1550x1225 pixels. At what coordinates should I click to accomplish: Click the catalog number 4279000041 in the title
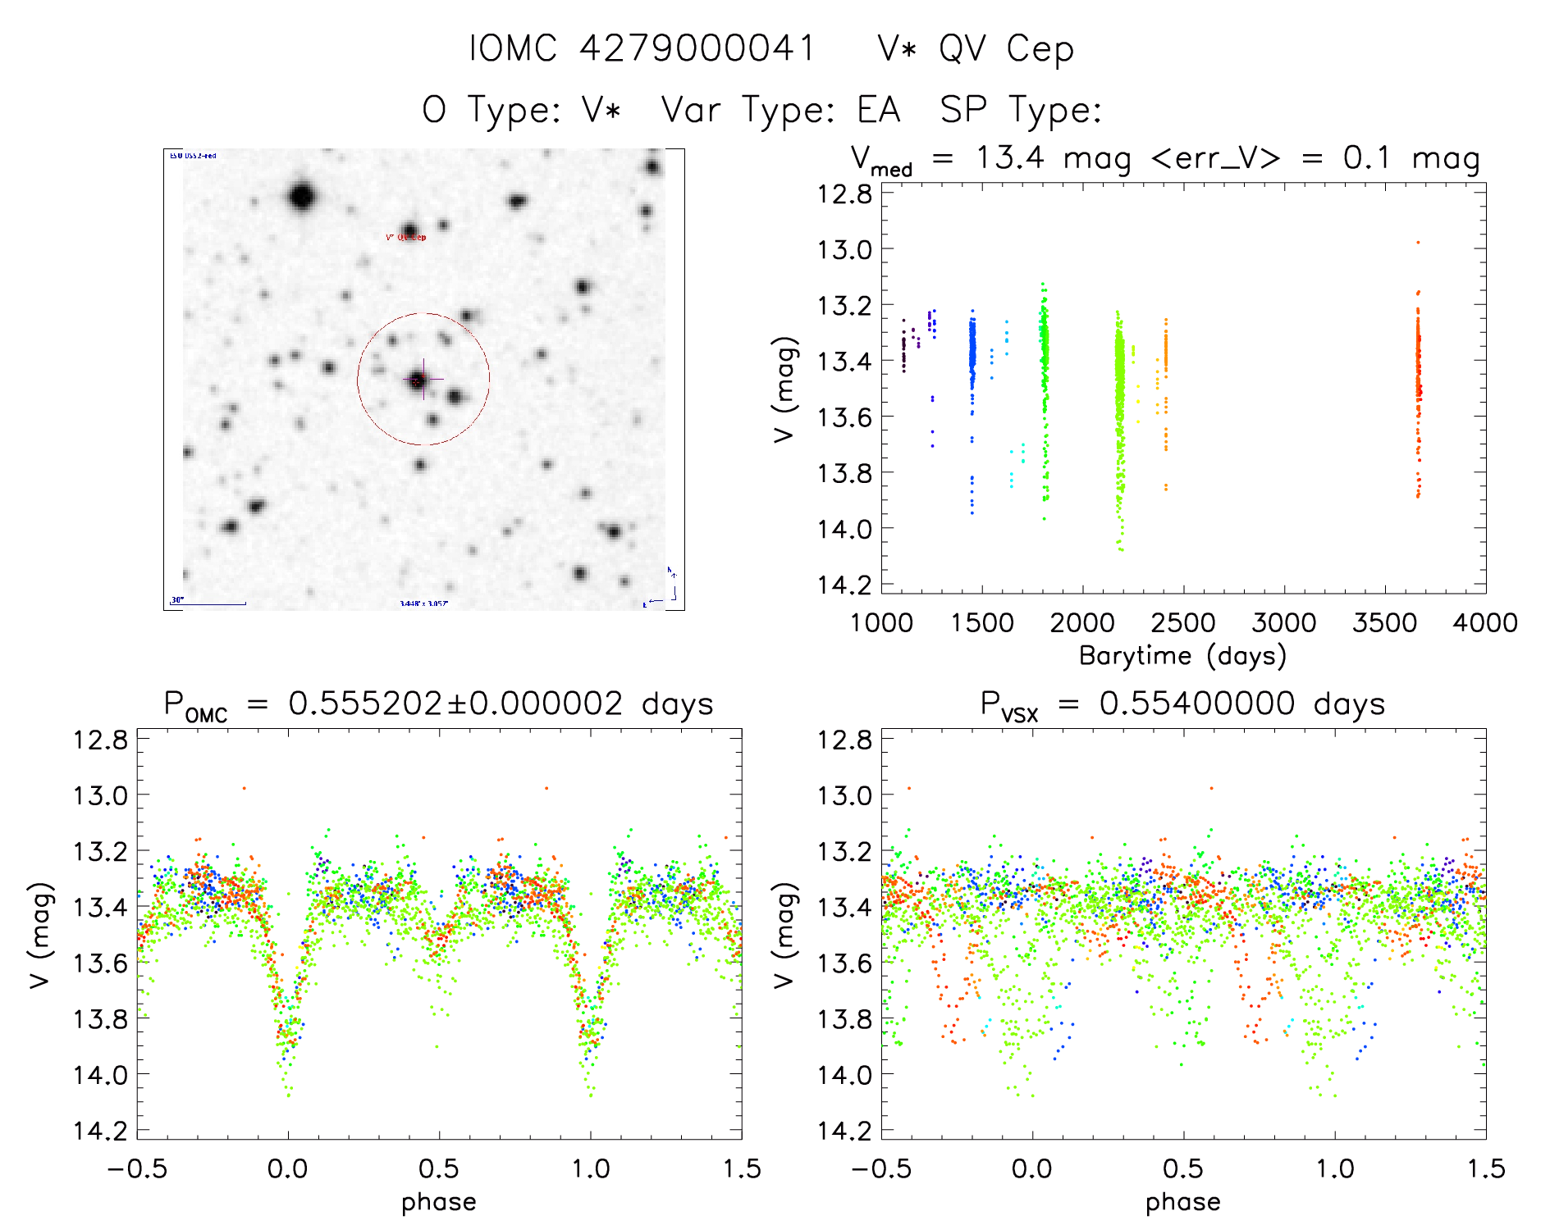coord(697,48)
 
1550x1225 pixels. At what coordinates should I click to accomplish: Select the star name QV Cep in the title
coord(1006,49)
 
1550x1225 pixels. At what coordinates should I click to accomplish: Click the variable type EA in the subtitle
coord(878,110)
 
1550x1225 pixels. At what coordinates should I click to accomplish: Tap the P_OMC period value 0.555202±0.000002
coord(455,704)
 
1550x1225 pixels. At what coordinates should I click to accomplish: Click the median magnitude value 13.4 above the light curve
coord(1009,157)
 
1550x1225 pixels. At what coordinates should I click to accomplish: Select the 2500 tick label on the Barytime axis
coord(1183,623)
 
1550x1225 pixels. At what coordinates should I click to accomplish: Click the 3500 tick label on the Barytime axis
coord(1384,623)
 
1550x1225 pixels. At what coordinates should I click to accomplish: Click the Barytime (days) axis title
coord(1182,656)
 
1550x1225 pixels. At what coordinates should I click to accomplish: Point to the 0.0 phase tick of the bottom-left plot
coord(288,1169)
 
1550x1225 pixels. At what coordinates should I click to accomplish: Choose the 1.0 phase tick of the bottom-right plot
coord(1335,1169)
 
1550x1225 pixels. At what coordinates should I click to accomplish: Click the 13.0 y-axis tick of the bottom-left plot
coord(100,795)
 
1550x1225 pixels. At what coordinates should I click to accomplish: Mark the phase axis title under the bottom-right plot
coord(1182,1202)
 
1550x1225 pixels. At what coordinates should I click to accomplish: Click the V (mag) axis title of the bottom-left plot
coord(41,935)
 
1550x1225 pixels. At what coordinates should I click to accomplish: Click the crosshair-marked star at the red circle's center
coord(418,380)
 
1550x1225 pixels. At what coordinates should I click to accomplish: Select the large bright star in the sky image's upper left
coord(303,198)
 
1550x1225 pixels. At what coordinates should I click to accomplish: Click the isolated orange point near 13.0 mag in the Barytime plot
coord(1418,243)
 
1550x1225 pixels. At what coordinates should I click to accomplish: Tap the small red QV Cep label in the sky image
coord(406,238)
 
